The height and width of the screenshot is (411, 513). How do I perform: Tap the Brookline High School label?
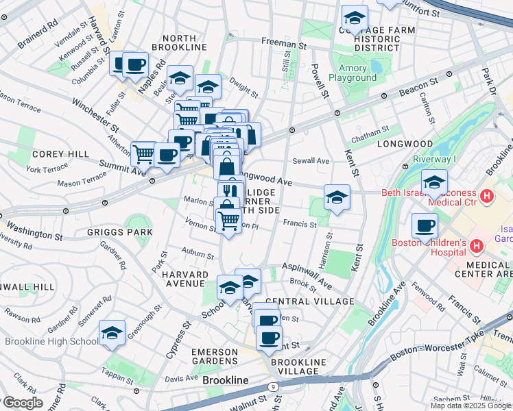(51, 341)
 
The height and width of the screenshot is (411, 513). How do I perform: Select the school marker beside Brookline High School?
(112, 334)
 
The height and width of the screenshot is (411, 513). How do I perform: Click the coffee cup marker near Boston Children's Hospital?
(425, 226)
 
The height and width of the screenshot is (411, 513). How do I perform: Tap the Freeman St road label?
(283, 43)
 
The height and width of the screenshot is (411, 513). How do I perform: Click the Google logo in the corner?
(23, 403)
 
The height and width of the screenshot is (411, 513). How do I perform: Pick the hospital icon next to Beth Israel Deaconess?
(487, 197)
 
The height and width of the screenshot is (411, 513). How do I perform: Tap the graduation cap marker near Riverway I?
(434, 184)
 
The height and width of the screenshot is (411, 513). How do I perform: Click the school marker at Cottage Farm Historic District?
(355, 18)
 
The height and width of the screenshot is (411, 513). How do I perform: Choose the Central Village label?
(309, 301)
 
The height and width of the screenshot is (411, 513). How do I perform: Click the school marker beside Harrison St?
(337, 198)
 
